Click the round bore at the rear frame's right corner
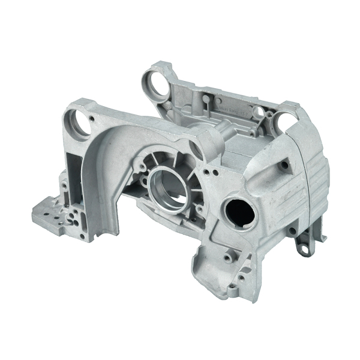[285, 124]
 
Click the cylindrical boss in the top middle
[226, 131]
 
